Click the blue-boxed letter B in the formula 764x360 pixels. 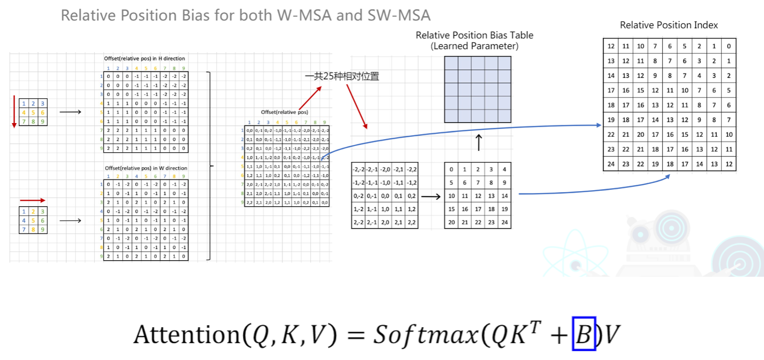click(x=583, y=334)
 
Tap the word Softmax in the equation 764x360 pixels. click(x=426, y=334)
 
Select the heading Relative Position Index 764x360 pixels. click(x=668, y=25)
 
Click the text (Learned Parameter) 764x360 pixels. click(x=474, y=46)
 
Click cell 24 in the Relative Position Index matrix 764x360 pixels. click(x=611, y=164)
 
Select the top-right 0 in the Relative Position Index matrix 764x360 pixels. click(x=729, y=46)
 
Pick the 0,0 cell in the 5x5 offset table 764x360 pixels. click(x=385, y=196)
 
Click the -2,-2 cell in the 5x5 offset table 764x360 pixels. click(x=359, y=169)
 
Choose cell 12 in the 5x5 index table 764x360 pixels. click(x=478, y=196)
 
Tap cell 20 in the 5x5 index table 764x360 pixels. click(x=452, y=222)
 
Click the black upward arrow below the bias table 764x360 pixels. click(x=479, y=142)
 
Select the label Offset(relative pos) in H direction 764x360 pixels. click(x=145, y=59)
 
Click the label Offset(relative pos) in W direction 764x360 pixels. click(x=146, y=168)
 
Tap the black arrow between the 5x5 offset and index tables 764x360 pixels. click(x=430, y=196)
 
